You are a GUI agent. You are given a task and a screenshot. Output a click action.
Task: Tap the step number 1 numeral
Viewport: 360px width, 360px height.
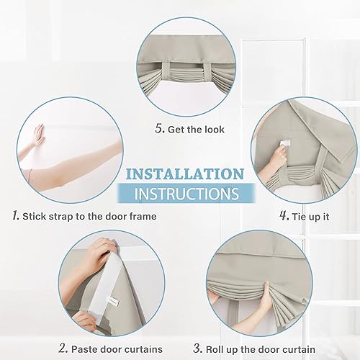14,215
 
